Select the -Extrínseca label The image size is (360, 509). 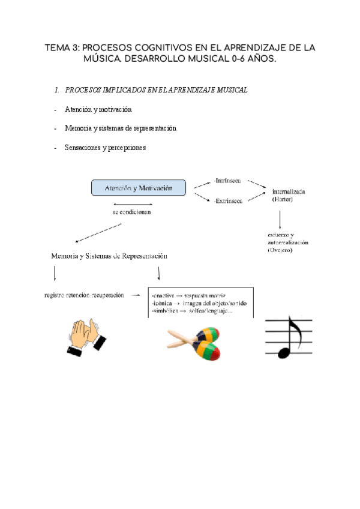tap(228, 201)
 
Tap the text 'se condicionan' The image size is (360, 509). tap(132, 213)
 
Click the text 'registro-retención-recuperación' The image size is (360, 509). tap(85, 295)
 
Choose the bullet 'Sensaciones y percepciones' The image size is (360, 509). tap(104, 148)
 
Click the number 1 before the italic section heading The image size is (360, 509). tap(56, 90)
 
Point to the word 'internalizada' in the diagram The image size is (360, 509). tap(289, 191)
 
